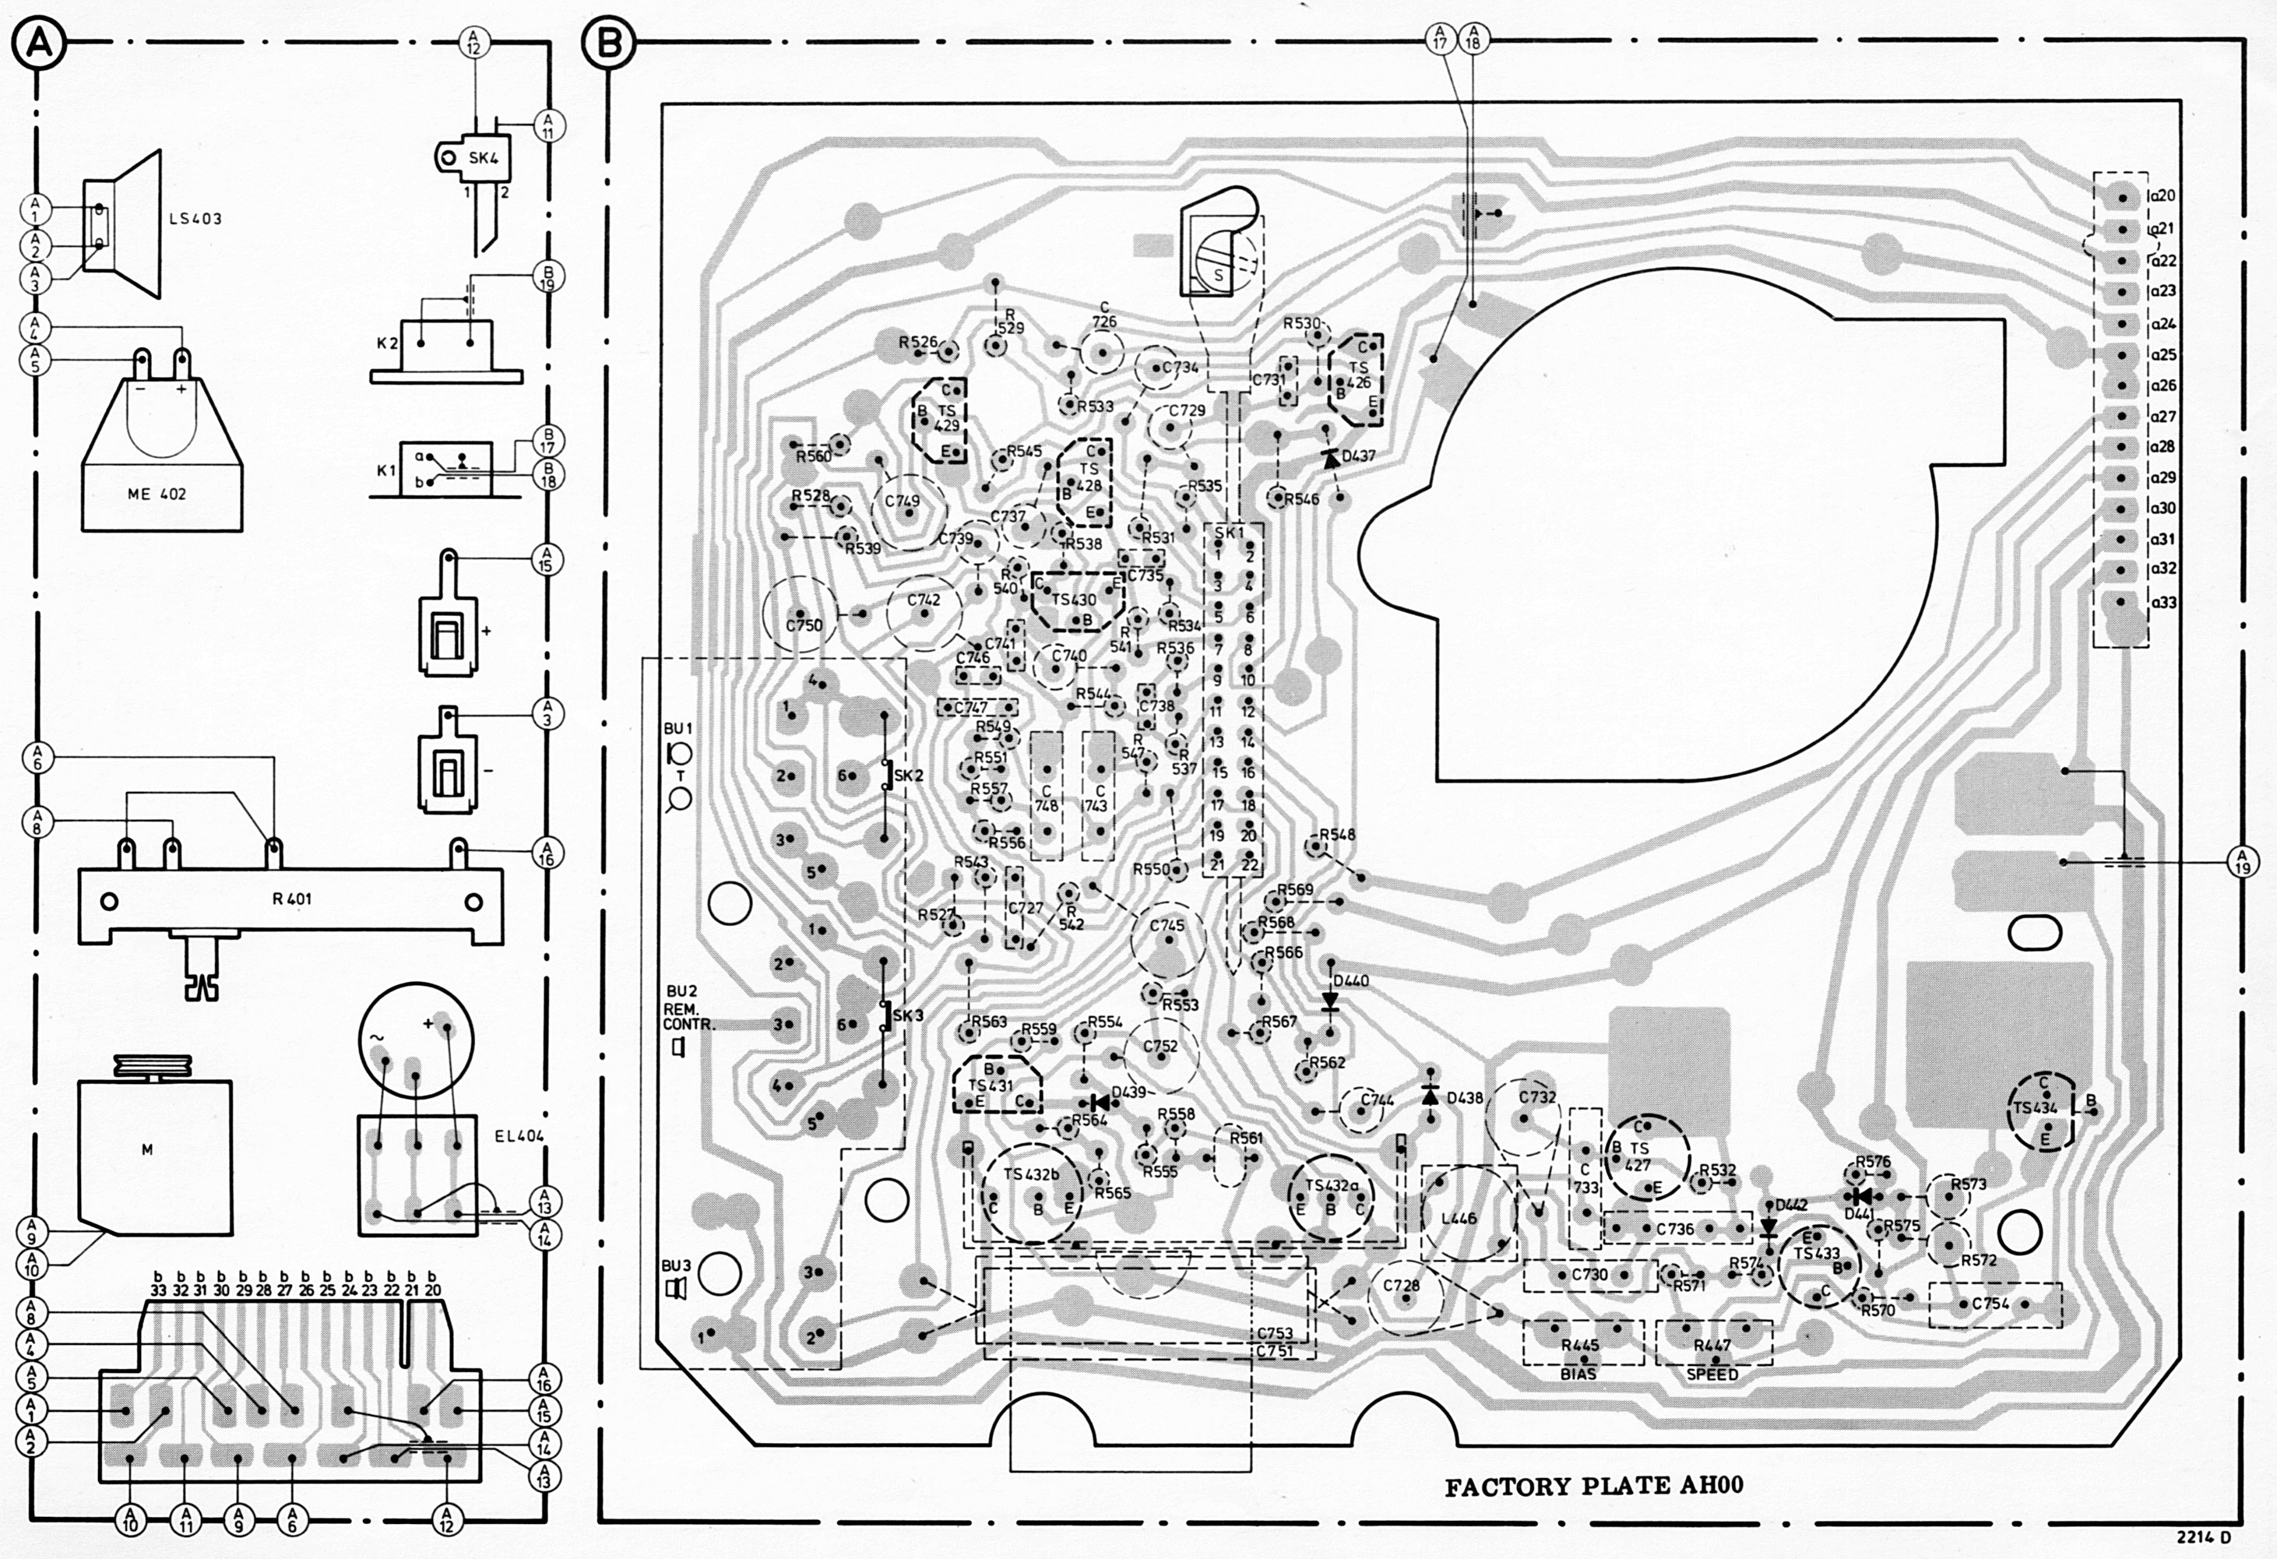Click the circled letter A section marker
click(x=38, y=44)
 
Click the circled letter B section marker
click(x=608, y=44)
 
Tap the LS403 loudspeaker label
click(x=195, y=219)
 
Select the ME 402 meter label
click(x=157, y=494)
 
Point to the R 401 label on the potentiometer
click(x=292, y=898)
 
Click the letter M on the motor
click(x=147, y=1149)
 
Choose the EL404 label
click(x=519, y=1135)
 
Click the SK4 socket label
click(x=483, y=158)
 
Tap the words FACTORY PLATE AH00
click(x=1594, y=1486)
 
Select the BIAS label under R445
click(x=1578, y=1374)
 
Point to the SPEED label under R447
click(x=1712, y=1374)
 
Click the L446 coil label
click(x=1459, y=1218)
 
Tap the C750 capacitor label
click(x=804, y=625)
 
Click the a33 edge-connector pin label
click(x=2163, y=602)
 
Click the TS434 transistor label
click(x=2034, y=1107)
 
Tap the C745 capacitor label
click(x=1166, y=925)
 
